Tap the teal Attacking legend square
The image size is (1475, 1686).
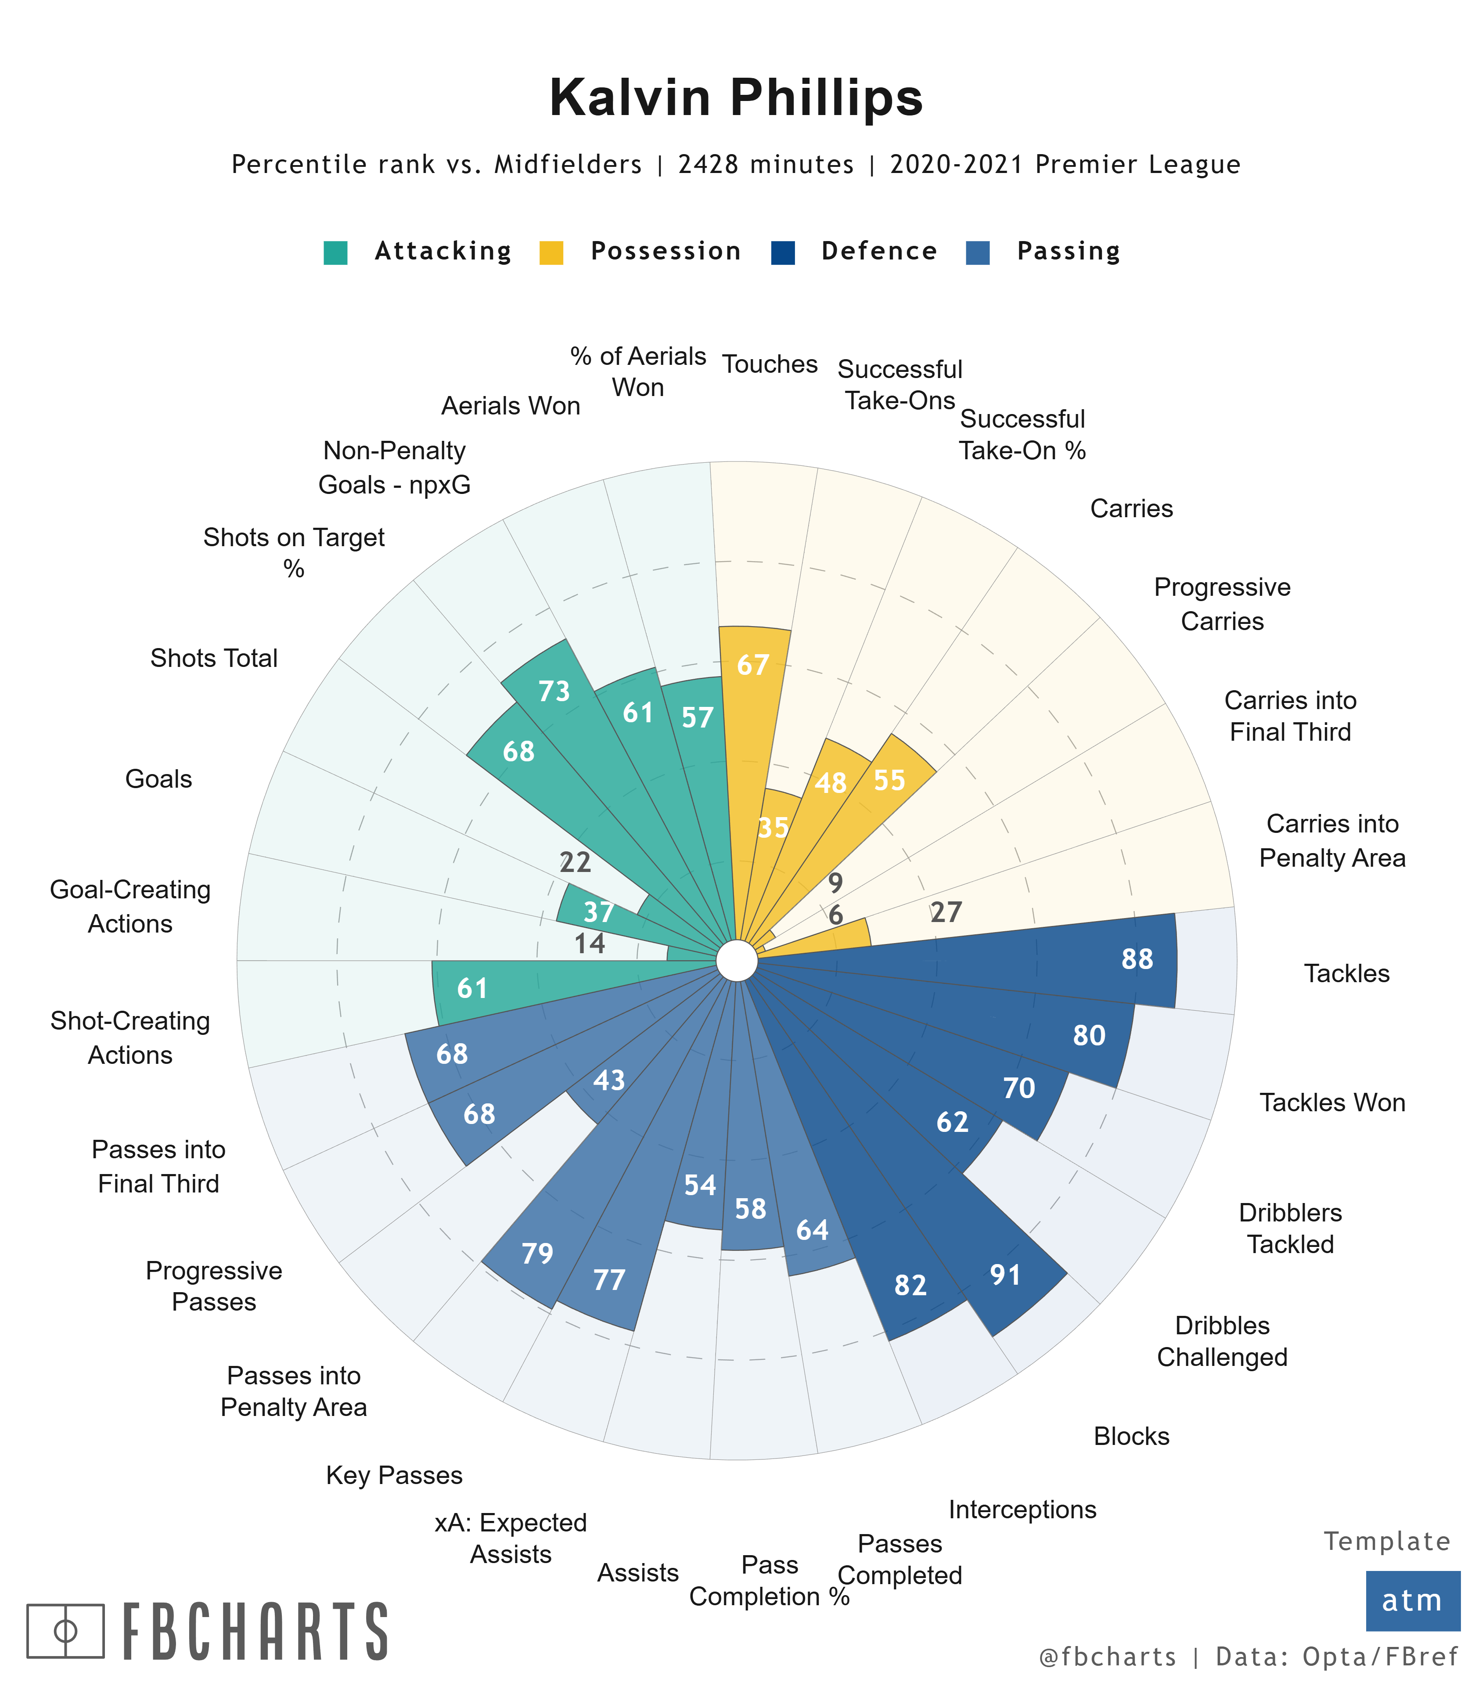[336, 252]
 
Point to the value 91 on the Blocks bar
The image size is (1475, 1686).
[1005, 1275]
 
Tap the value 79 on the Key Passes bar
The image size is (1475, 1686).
[537, 1254]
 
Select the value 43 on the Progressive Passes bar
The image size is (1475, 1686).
[609, 1080]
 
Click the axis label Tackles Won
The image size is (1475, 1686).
[1332, 1102]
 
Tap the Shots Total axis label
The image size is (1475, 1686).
[214, 659]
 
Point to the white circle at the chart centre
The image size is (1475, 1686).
[737, 961]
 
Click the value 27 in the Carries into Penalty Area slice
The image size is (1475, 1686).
[946, 912]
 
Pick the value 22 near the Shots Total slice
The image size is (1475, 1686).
[576, 862]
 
